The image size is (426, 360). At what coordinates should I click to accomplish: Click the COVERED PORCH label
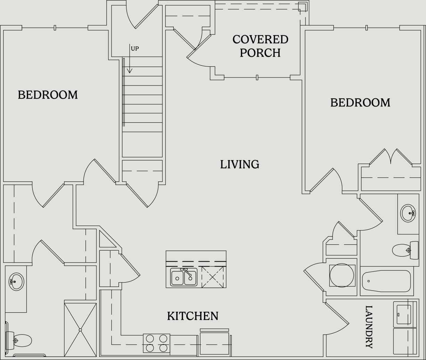(260, 46)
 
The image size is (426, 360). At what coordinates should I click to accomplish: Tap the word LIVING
(239, 164)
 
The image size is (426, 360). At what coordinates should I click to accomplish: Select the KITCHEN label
(192, 316)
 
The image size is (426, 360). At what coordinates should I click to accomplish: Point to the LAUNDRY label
(369, 327)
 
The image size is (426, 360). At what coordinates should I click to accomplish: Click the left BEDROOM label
(48, 95)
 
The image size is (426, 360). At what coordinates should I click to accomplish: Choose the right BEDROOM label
(360, 103)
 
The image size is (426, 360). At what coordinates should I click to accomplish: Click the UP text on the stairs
(135, 49)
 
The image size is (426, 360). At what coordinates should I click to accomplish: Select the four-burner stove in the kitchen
(156, 343)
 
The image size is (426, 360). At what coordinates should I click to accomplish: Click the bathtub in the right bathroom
(386, 281)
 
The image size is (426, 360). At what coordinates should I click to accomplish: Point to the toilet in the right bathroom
(405, 250)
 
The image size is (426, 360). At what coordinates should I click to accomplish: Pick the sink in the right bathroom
(408, 213)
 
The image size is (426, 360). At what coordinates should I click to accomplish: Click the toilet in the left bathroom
(19, 341)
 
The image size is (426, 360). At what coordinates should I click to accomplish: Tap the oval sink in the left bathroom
(16, 281)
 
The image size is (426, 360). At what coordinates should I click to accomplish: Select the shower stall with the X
(80, 329)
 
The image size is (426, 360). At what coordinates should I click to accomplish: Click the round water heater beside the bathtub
(342, 275)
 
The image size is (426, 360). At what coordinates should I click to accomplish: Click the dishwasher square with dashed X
(212, 277)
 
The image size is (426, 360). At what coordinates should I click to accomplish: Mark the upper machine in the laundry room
(404, 314)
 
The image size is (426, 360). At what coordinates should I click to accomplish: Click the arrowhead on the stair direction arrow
(130, 71)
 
